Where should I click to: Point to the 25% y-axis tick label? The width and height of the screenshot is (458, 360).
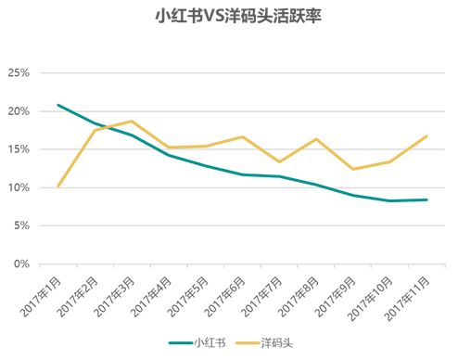click(x=19, y=72)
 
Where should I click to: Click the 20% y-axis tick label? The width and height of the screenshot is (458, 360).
click(x=19, y=111)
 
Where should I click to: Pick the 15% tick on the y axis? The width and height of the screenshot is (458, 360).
click(x=19, y=149)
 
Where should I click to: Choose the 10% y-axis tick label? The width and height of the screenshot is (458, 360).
click(x=19, y=187)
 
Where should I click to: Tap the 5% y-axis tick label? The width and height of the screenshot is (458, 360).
click(x=21, y=225)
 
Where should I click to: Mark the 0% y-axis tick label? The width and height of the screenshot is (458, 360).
click(x=21, y=264)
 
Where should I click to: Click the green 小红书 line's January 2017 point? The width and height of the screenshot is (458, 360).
click(x=58, y=105)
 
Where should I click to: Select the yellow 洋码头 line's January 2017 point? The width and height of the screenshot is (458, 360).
click(x=58, y=186)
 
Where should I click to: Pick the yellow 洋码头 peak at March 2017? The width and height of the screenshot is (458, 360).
click(x=132, y=122)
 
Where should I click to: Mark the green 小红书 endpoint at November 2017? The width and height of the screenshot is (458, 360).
click(x=426, y=199)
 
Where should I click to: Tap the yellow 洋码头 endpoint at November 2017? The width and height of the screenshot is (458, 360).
click(x=426, y=136)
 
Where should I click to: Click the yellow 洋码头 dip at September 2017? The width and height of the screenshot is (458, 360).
click(x=352, y=169)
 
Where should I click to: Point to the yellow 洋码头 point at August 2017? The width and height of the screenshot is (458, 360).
click(x=316, y=139)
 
